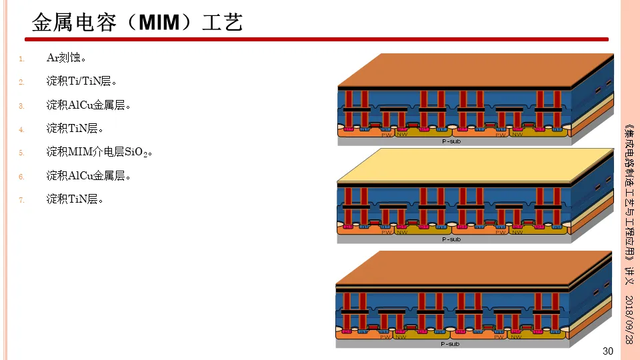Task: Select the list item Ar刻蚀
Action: (66, 58)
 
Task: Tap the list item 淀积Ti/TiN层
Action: (81, 81)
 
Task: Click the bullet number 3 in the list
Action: (21, 106)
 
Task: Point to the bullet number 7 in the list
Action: (21, 200)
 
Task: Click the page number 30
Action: (607, 351)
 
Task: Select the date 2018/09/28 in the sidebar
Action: (629, 318)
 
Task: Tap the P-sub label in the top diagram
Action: (451, 141)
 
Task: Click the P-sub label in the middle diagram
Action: (451, 239)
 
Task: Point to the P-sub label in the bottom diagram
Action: (450, 344)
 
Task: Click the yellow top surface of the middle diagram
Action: (475, 165)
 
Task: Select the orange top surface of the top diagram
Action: (475, 69)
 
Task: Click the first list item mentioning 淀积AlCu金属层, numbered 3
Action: (88, 105)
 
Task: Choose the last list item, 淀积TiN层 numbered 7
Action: (75, 199)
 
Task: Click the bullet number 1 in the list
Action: (21, 59)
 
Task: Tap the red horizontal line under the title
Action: (320, 39)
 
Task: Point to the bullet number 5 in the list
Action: (21, 153)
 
